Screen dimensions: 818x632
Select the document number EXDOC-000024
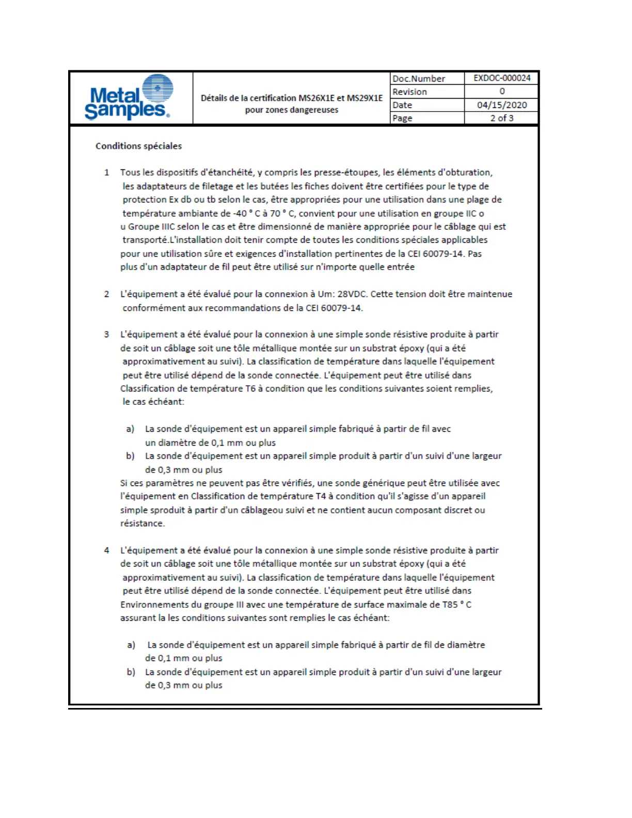tap(502, 78)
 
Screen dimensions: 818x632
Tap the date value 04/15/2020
tap(502, 105)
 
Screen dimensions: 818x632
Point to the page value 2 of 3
tap(502, 118)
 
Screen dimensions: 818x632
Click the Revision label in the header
tap(409, 92)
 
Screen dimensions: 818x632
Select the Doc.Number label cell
tap(419, 78)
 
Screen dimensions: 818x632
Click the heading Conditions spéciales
tap(138, 146)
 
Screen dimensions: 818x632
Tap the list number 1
tap(107, 172)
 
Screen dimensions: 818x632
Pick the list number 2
tap(107, 294)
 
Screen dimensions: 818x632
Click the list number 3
tap(107, 335)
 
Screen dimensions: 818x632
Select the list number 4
tap(107, 550)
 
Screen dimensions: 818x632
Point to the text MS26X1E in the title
tap(317, 98)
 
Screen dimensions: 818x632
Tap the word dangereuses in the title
tap(314, 110)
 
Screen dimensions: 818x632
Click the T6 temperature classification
tap(250, 388)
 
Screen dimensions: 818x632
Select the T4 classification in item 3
tap(321, 496)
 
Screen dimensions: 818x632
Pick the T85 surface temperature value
tap(450, 605)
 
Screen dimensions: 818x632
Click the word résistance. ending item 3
tap(143, 524)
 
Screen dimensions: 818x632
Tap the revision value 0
tap(502, 91)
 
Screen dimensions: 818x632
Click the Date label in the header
tap(402, 105)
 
